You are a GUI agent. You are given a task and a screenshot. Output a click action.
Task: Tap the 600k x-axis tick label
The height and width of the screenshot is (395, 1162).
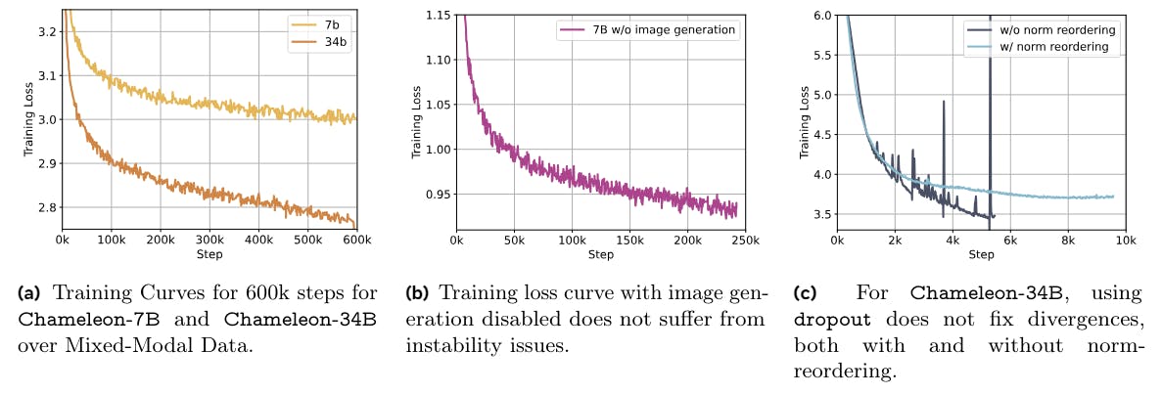[x=356, y=240]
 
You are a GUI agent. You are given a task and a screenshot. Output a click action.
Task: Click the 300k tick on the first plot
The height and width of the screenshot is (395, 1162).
[x=209, y=240]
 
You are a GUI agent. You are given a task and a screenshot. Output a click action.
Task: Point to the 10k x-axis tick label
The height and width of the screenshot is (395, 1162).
[x=1126, y=240]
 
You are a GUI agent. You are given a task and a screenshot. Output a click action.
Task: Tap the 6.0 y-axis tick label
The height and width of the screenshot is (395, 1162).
[x=821, y=15]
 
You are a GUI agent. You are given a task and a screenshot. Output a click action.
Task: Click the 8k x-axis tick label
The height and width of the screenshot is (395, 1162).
[x=1068, y=240]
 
